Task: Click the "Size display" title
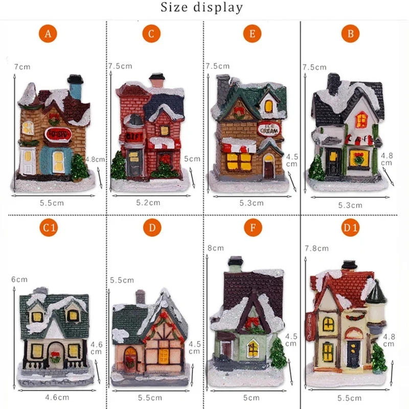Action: tap(202, 8)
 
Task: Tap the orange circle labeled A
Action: tap(48, 34)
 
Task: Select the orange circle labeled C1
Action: tap(48, 228)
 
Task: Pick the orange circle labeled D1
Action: tap(351, 228)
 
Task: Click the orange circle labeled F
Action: tap(252, 228)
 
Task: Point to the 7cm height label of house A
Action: tap(22, 67)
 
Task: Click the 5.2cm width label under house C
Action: tap(149, 202)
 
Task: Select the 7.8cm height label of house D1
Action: tap(316, 248)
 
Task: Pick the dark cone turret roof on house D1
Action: tap(376, 293)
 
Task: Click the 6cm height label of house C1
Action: tap(19, 280)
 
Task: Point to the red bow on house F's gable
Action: tap(251, 322)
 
